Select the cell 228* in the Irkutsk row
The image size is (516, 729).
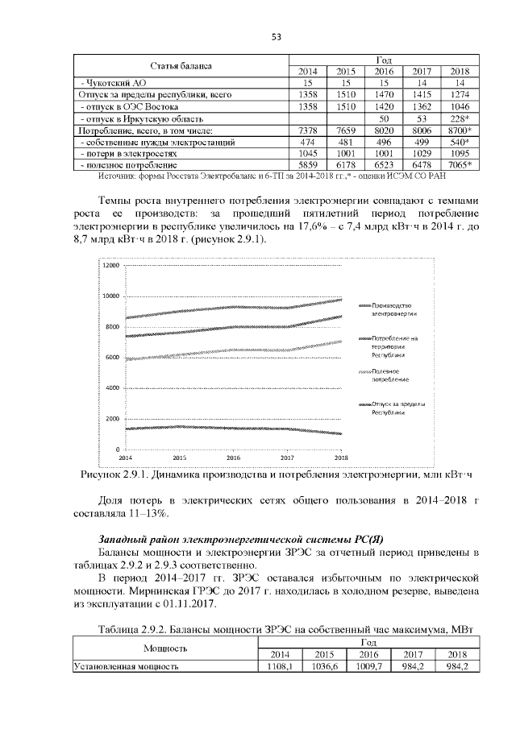pyautogui.click(x=460, y=118)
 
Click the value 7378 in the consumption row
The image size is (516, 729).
pyautogui.click(x=307, y=130)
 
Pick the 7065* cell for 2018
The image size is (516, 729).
pyautogui.click(x=460, y=164)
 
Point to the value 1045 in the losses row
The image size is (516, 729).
pyautogui.click(x=307, y=153)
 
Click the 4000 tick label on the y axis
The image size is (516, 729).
pyautogui.click(x=111, y=388)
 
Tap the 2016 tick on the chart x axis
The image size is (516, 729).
pyautogui.click(x=233, y=457)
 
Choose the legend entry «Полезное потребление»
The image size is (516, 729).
pyautogui.click(x=390, y=374)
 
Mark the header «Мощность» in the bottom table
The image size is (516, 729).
pyautogui.click(x=166, y=648)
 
